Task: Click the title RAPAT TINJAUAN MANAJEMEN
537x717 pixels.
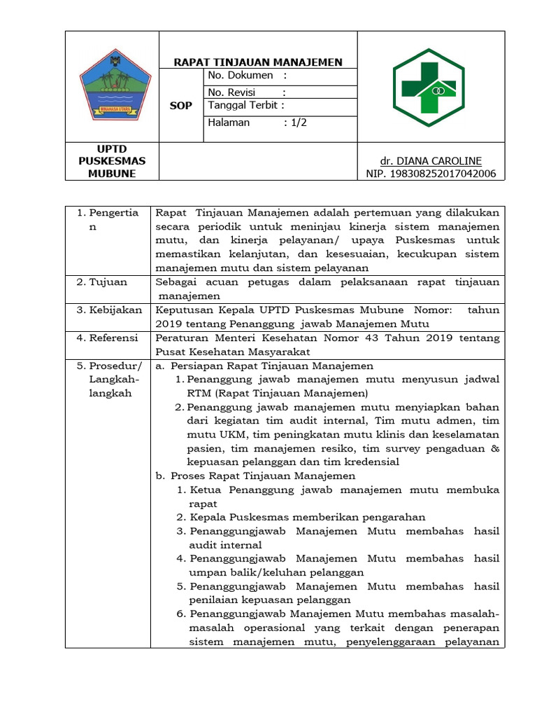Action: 259,62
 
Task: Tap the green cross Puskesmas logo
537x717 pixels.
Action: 427,88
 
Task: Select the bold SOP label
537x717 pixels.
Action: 180,106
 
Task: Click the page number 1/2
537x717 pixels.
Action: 296,122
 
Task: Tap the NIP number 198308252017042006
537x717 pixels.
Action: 431,173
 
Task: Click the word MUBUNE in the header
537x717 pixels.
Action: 112,173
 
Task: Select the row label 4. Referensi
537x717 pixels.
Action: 107,337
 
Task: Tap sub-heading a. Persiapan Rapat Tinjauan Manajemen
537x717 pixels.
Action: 264,366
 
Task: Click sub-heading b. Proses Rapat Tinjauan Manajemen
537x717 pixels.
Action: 256,475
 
